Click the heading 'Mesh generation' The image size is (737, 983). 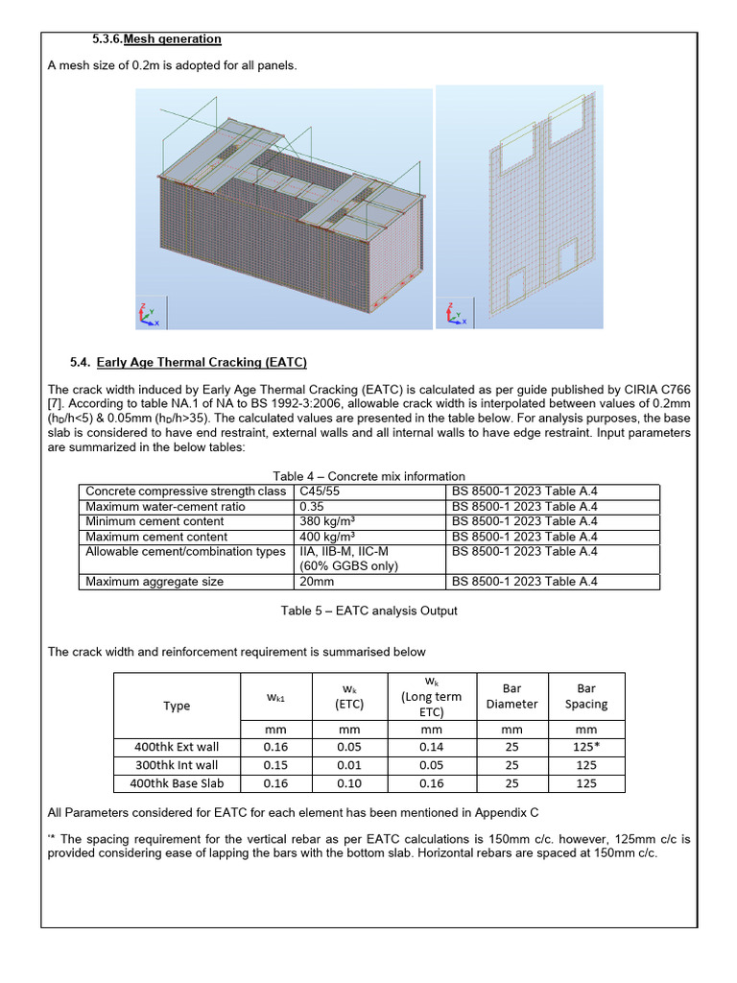[171, 39]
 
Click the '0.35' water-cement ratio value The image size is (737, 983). [312, 507]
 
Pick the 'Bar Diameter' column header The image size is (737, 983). [511, 696]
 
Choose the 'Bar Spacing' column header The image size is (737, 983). [585, 696]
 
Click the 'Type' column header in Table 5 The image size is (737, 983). [177, 706]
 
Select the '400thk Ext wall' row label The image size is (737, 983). [177, 747]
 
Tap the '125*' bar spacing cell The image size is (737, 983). [585, 747]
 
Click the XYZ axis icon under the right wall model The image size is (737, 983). [456, 314]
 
